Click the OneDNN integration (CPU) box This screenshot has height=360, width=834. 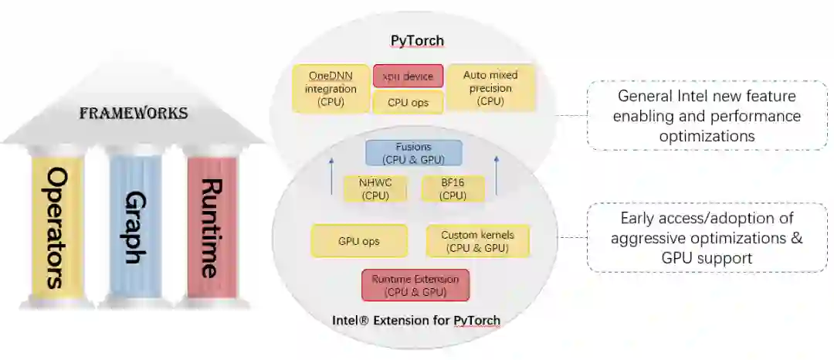pyautogui.click(x=331, y=88)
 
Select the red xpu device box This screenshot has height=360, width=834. pyautogui.click(x=408, y=76)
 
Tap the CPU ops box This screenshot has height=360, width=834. pyautogui.click(x=408, y=101)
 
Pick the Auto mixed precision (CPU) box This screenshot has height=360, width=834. pyautogui.click(x=490, y=87)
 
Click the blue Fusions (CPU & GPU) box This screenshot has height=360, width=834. pyautogui.click(x=413, y=152)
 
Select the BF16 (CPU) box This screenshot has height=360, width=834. pyautogui.click(x=453, y=189)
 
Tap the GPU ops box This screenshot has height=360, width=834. pyautogui.click(x=358, y=240)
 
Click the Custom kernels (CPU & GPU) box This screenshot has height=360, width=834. pyautogui.click(x=477, y=240)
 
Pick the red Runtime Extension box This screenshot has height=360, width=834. pyautogui.click(x=415, y=285)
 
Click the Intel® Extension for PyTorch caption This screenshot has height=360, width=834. pyautogui.click(x=416, y=320)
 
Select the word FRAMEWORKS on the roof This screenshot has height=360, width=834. pyautogui.click(x=134, y=113)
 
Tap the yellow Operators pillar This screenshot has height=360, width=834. pyautogui.click(x=56, y=226)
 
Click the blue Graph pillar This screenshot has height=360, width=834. pyautogui.click(x=134, y=226)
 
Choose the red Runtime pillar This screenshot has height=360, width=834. pyautogui.click(x=211, y=226)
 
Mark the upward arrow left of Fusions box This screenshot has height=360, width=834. pyautogui.click(x=331, y=175)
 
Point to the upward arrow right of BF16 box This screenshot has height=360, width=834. pyautogui.click(x=497, y=175)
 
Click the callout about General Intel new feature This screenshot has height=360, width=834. pyautogui.click(x=707, y=115)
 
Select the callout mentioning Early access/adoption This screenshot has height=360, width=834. pyautogui.click(x=707, y=238)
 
